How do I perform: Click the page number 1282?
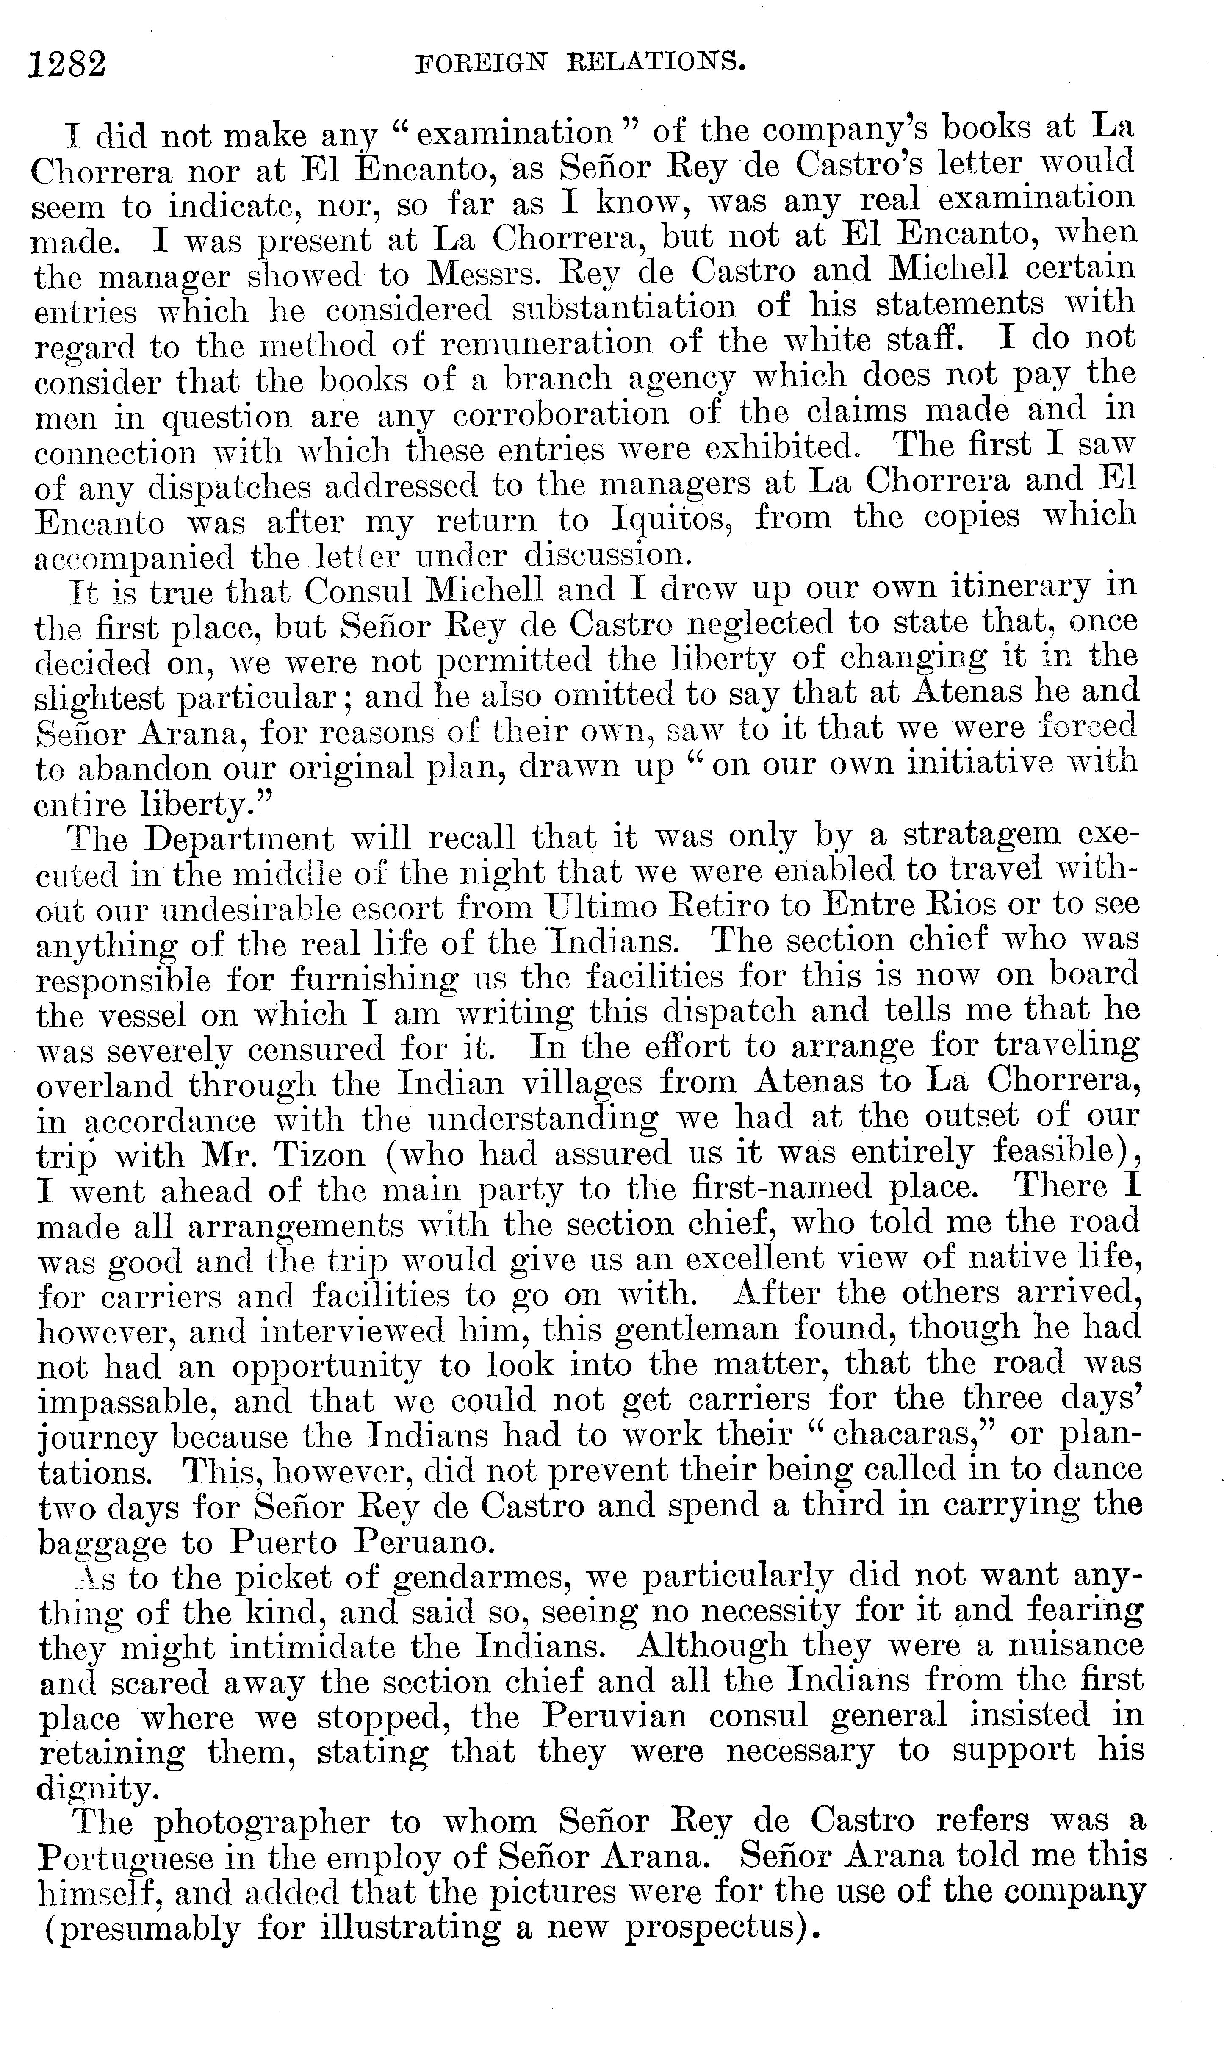coord(68,63)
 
